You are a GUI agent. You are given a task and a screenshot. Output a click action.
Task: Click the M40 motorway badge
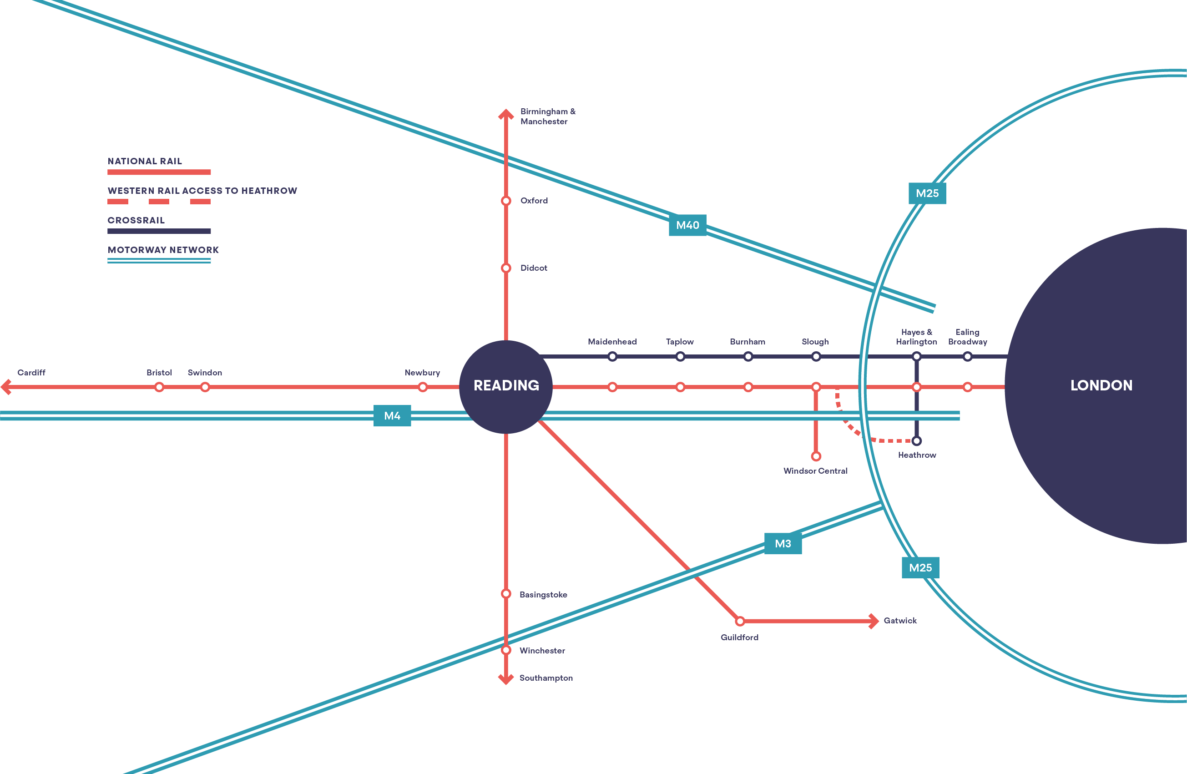(687, 225)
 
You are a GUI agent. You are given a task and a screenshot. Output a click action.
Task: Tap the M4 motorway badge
(392, 415)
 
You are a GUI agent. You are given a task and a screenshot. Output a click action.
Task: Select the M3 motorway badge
(783, 543)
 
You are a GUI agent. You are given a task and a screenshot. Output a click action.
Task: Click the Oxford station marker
(506, 201)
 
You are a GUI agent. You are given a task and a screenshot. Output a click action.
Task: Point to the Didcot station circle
(506, 268)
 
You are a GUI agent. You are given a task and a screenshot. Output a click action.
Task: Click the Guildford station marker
(740, 621)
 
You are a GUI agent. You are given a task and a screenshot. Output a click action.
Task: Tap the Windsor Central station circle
(816, 456)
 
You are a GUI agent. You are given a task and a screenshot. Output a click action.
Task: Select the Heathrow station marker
(917, 441)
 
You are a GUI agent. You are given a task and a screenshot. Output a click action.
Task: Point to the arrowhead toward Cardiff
(6, 386)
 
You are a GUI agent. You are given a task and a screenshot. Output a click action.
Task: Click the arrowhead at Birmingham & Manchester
(506, 115)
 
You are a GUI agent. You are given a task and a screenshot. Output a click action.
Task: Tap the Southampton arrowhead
(506, 679)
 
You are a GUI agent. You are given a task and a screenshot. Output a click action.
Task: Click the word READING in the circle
(506, 385)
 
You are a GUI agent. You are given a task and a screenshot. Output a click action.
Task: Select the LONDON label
(1101, 385)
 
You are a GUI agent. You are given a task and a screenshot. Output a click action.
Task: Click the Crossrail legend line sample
(159, 231)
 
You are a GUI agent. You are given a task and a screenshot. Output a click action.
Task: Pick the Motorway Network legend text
(163, 250)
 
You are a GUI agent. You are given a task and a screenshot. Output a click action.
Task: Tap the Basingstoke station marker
(506, 593)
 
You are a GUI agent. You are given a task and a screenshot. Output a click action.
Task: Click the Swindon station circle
(205, 387)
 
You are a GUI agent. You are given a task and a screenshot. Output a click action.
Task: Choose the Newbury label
(422, 373)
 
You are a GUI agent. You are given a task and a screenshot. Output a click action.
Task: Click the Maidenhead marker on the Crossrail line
(612, 356)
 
